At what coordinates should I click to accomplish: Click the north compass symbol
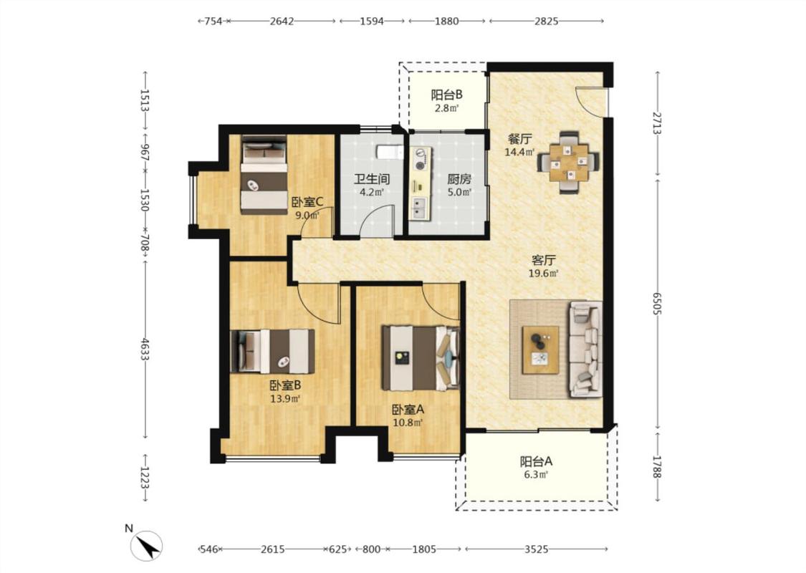coord(146,545)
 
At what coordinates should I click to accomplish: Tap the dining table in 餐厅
coord(569,163)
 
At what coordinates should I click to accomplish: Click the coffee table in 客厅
coord(540,350)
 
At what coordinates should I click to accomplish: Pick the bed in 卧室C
coord(264,174)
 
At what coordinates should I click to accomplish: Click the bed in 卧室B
coord(272,351)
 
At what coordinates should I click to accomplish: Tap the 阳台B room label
coord(446,95)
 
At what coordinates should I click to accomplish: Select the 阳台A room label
coord(536,461)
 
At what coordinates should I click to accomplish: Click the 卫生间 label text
coord(371,179)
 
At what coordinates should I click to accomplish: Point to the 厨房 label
coord(459,179)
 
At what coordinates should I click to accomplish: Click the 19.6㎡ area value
coord(544,274)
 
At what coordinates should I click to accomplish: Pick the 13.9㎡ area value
coord(285,398)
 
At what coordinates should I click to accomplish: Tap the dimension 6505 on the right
coord(658,304)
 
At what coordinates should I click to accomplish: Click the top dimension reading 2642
coord(282,21)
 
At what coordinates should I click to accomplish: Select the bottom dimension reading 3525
coord(536,549)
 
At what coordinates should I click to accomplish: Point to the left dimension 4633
coord(145,348)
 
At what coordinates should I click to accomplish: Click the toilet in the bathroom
coord(389,152)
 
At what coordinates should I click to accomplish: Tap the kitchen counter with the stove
coord(421,184)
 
